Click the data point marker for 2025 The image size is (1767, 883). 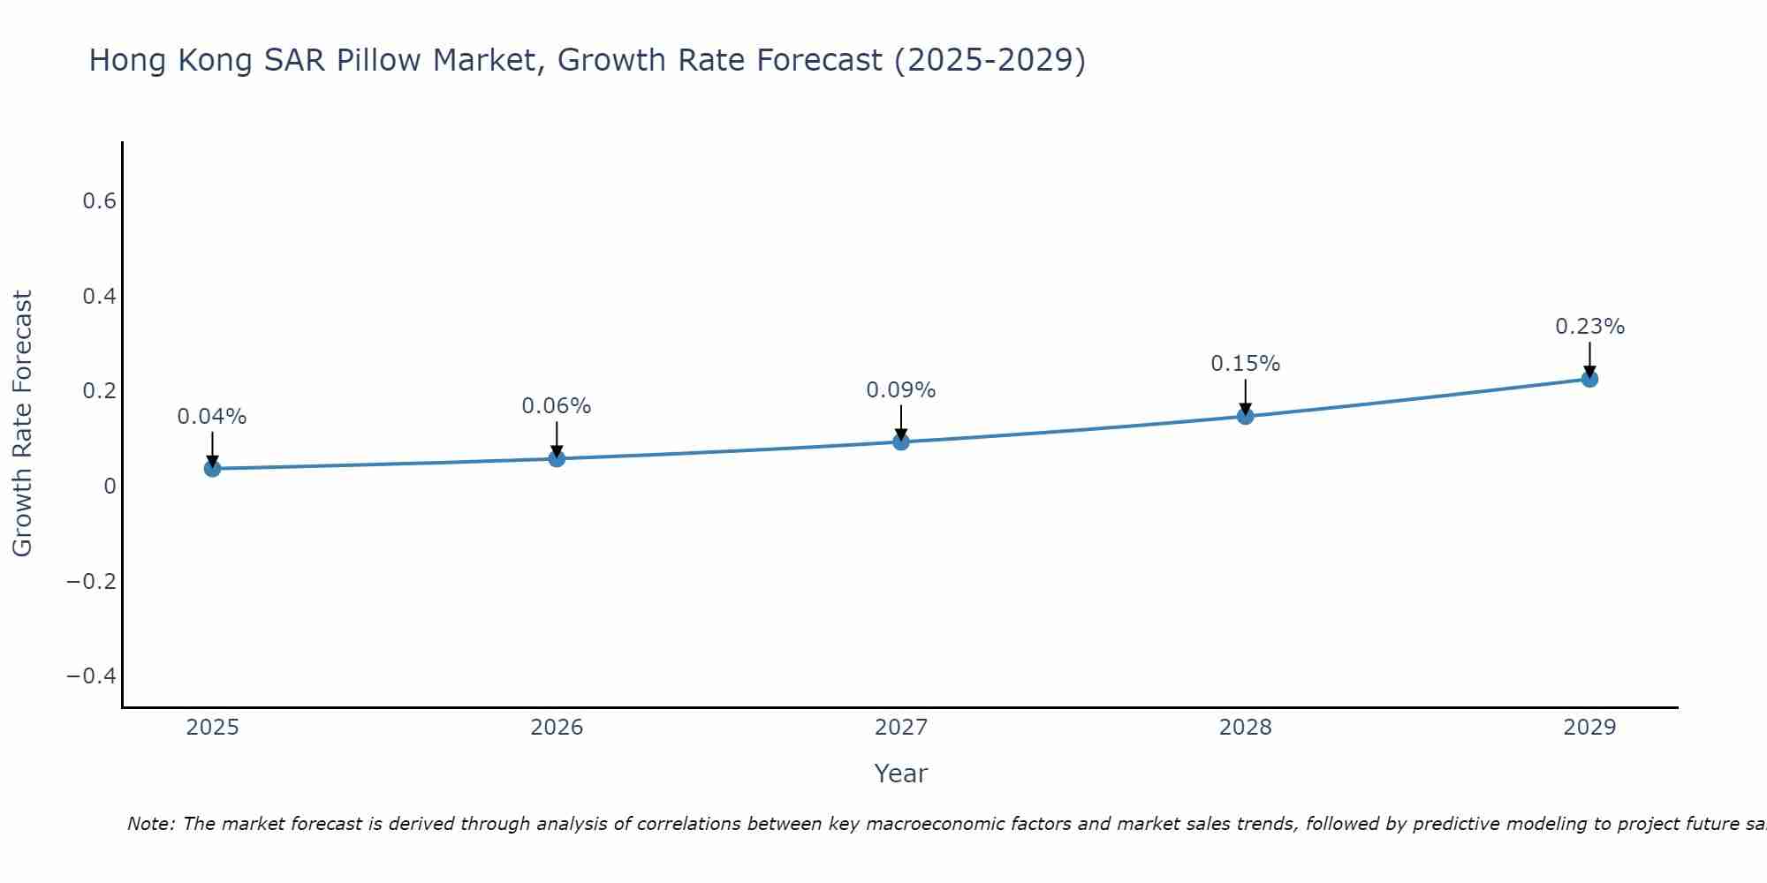(212, 468)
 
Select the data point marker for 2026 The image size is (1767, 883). (557, 458)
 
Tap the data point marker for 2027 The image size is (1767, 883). (901, 441)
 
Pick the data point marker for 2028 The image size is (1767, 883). (1245, 416)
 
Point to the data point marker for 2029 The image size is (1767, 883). (1589, 379)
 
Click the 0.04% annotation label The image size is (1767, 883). (212, 417)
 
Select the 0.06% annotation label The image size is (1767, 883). (557, 406)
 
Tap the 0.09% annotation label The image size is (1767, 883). (901, 390)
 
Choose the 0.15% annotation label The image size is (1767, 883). (1245, 364)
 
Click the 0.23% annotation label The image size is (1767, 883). (1589, 327)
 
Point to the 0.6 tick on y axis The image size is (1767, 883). (100, 201)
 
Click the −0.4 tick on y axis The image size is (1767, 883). (92, 676)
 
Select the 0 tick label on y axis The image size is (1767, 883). (110, 487)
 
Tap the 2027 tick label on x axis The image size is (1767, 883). (901, 728)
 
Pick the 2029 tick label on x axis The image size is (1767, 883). (1589, 728)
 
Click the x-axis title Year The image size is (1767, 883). (901, 774)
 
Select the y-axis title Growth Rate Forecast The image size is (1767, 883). (22, 424)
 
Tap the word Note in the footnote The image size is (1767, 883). (149, 824)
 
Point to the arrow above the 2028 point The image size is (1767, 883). (1245, 396)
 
